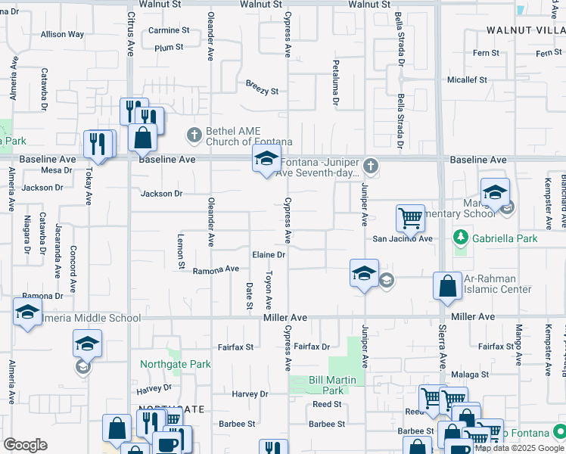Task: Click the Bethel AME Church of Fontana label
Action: point(239,136)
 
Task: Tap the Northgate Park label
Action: point(175,364)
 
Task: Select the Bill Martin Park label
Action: point(327,385)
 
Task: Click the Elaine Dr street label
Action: point(269,255)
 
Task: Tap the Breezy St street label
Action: point(262,91)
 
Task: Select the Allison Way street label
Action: point(62,34)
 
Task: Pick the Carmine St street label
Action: point(169,30)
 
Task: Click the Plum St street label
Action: point(169,48)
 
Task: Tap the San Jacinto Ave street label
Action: point(402,238)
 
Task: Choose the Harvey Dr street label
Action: point(250,394)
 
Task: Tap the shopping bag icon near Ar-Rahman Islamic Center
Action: point(447,286)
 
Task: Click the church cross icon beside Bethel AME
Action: point(194,136)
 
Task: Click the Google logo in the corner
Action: point(25,445)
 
